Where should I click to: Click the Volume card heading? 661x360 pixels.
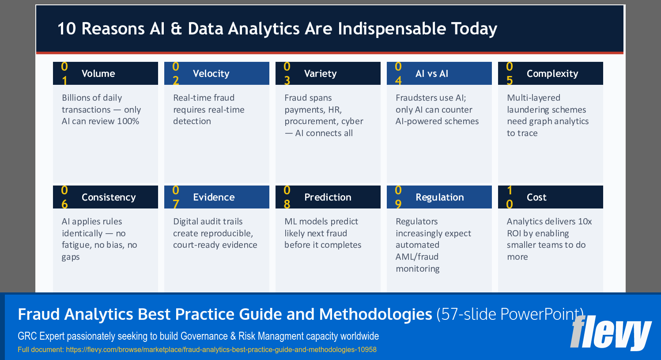[98, 74]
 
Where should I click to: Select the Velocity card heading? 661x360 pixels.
[211, 74]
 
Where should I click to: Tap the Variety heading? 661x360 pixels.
[320, 74]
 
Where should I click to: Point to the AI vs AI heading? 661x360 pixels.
[431, 74]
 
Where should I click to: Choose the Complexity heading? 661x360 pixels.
[552, 74]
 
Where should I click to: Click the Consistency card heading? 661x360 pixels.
[109, 197]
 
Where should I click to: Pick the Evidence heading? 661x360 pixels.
[214, 197]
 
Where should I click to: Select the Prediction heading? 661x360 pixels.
[328, 197]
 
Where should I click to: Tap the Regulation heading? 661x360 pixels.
[439, 197]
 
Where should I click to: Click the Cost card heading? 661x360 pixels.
[536, 197]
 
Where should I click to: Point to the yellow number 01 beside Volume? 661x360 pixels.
[64, 73]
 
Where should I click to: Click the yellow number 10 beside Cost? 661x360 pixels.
[510, 197]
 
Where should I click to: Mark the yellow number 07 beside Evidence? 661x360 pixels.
[176, 197]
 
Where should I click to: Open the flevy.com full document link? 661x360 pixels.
[221, 350]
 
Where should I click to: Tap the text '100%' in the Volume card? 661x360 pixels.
[128, 121]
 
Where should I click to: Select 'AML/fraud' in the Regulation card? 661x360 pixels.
[417, 257]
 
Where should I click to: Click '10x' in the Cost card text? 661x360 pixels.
[585, 222]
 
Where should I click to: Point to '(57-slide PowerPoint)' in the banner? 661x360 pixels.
[510, 315]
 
